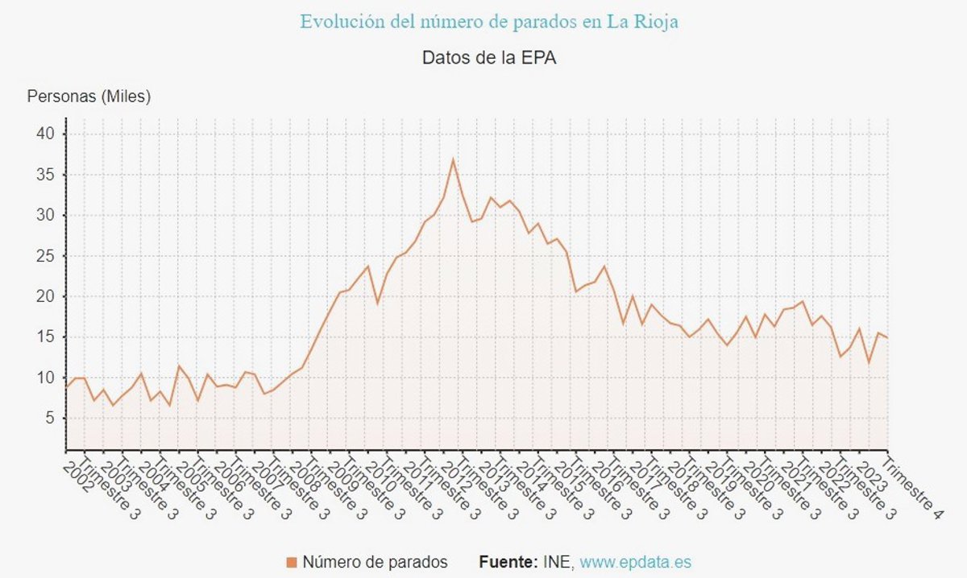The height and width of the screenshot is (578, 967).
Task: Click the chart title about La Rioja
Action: click(x=489, y=22)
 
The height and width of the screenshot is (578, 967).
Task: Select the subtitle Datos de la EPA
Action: click(x=489, y=58)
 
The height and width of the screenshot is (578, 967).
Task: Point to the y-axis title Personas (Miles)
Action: click(x=89, y=97)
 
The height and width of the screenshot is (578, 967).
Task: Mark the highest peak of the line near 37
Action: click(x=453, y=159)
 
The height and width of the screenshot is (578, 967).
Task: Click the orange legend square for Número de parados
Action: click(x=292, y=563)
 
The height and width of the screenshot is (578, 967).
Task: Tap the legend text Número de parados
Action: click(x=375, y=563)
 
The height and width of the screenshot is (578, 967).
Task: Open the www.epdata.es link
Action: click(x=635, y=563)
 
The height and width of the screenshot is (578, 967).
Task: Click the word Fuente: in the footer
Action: click(x=508, y=563)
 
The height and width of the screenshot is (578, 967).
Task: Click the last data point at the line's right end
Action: click(x=887, y=337)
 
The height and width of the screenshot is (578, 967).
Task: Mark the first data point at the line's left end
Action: click(x=66, y=386)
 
